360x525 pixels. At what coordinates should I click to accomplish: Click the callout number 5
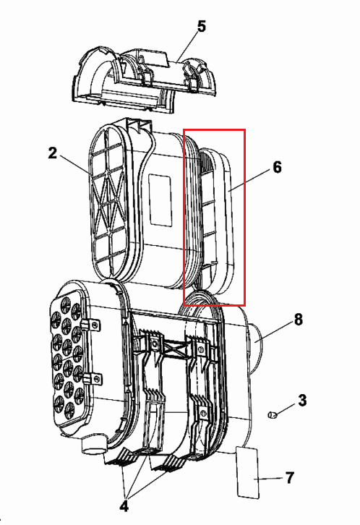[201, 27]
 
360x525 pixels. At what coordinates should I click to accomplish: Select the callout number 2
[53, 153]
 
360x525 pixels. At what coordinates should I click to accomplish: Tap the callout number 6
[277, 167]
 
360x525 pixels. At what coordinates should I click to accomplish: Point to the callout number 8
[299, 320]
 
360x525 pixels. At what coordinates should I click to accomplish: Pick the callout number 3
[302, 400]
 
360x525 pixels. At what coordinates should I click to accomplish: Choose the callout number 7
[290, 477]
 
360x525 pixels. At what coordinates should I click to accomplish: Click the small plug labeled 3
[273, 415]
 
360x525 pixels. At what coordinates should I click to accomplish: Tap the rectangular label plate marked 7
[248, 472]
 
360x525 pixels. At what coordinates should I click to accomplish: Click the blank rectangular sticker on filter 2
[160, 199]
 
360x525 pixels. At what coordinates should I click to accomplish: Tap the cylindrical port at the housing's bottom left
[94, 445]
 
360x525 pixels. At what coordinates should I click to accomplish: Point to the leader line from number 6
[249, 180]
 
